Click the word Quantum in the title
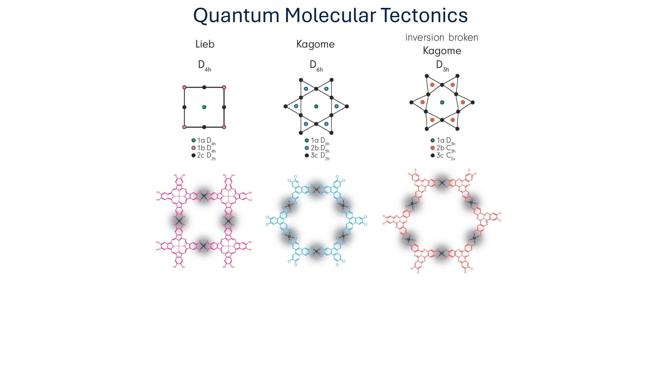click(x=236, y=16)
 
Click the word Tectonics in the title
click(x=424, y=16)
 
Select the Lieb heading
click(x=205, y=44)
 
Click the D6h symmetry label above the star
click(x=316, y=66)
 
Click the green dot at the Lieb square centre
click(x=204, y=107)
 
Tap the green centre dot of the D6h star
click(x=316, y=106)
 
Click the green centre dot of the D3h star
click(x=442, y=102)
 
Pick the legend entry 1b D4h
click(x=204, y=148)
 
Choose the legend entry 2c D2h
click(x=204, y=156)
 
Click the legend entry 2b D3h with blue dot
click(x=317, y=148)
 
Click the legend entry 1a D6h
click(x=317, y=141)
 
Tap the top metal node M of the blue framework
click(x=316, y=190)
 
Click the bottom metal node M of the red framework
click(x=441, y=254)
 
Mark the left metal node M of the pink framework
click(x=179, y=221)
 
